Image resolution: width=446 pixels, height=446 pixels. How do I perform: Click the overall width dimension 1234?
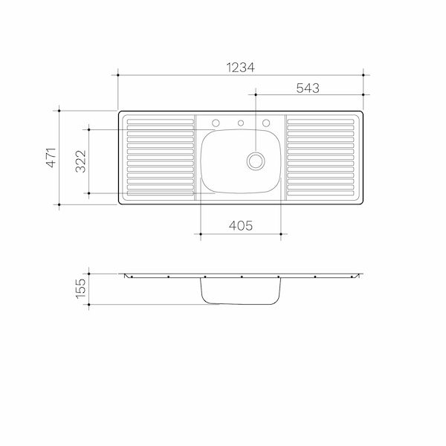(239, 67)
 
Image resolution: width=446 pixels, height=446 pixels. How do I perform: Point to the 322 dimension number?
(81, 161)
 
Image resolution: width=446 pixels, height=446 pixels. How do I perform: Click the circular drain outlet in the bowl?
(256, 159)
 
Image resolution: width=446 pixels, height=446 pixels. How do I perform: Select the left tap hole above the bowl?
(216, 123)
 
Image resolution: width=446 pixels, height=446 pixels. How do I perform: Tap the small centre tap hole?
(241, 123)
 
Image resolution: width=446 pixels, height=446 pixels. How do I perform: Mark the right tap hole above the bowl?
(265, 123)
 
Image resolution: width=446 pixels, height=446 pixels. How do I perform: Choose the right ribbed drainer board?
(321, 158)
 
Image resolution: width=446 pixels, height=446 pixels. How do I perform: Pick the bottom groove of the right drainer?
(321, 195)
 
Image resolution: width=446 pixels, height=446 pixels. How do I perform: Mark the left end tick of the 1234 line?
(119, 74)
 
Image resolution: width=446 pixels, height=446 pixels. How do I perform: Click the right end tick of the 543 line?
(363, 95)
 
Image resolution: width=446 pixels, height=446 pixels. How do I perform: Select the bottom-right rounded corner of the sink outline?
(361, 201)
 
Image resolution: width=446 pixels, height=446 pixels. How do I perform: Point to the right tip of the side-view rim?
(361, 274)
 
